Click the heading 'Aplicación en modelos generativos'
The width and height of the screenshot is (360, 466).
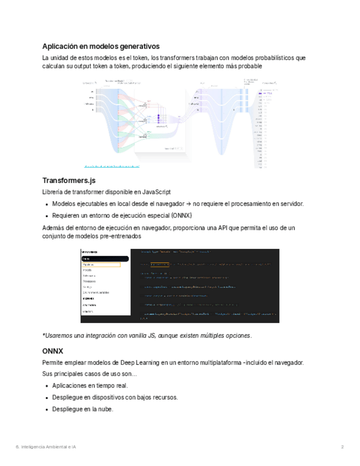click(101, 46)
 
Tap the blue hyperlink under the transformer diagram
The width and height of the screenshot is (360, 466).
click(112, 165)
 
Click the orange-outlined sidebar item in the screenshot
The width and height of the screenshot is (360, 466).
click(101, 264)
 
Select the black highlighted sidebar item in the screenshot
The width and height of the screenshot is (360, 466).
click(104, 258)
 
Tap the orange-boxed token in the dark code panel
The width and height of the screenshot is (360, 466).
click(160, 264)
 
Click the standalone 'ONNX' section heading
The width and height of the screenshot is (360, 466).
click(53, 351)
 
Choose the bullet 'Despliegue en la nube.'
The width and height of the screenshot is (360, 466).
click(82, 409)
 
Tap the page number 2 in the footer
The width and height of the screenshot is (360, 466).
click(342, 447)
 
